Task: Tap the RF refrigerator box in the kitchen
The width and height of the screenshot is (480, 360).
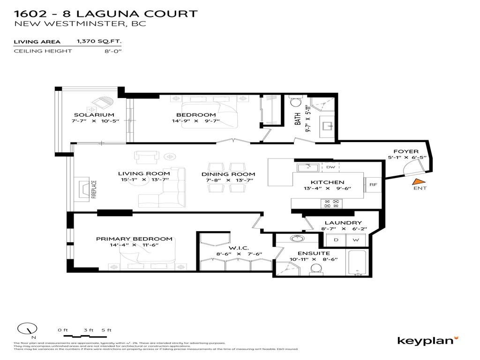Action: (373, 185)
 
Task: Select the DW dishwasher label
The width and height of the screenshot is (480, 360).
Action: (330, 167)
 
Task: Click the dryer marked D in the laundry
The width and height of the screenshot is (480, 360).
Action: (336, 240)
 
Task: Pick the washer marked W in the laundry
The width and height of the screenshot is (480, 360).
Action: (355, 240)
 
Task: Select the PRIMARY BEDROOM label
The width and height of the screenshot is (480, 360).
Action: (134, 239)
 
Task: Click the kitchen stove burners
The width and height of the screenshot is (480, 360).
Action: (331, 203)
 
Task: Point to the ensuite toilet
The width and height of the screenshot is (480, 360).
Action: (316, 269)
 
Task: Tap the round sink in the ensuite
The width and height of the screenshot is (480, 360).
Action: (295, 239)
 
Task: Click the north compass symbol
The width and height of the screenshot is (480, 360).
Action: (27, 330)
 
